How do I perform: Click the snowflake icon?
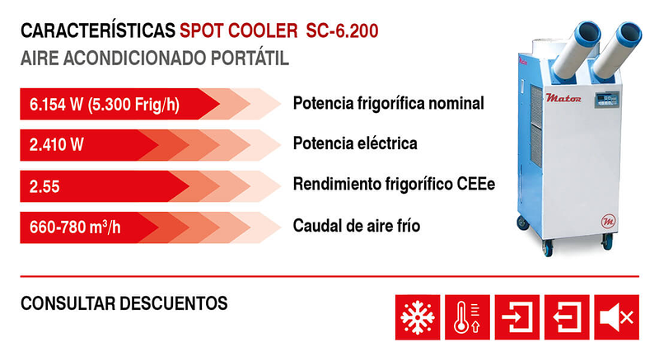click(x=417, y=314)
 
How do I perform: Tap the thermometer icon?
click(x=468, y=314)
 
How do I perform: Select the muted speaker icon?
click(x=616, y=314)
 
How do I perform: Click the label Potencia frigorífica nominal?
click(x=388, y=104)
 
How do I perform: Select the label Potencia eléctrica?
click(x=355, y=143)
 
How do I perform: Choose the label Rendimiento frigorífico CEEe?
click(x=394, y=184)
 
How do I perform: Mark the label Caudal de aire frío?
click(x=357, y=224)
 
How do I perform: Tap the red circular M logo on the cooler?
click(x=608, y=223)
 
